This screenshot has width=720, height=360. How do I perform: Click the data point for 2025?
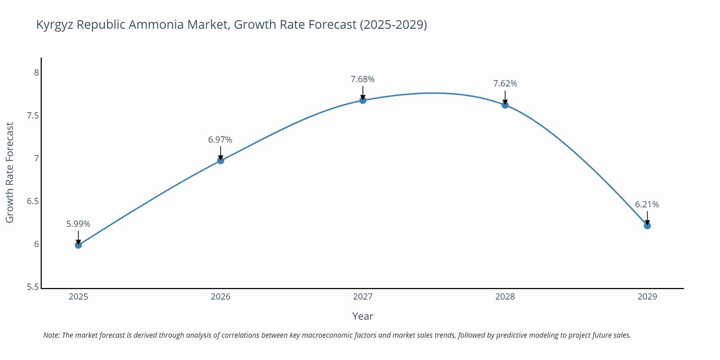pos(78,245)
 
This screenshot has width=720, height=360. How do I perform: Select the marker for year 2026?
pos(221,161)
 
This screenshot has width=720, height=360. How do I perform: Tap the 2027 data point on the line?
pos(363,100)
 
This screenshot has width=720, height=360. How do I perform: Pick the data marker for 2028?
pos(505,105)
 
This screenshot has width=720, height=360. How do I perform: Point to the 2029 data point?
pos(647,226)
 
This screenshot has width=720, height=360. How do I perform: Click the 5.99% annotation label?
pos(78,224)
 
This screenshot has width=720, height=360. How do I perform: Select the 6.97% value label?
pos(220,140)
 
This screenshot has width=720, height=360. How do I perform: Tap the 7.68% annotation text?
pos(363,79)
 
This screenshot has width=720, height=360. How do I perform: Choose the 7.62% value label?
pos(505,84)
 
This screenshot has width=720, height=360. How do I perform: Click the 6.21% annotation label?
pos(647,204)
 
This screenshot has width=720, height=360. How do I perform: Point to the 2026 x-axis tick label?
pos(221,297)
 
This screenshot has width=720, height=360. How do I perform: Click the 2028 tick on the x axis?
pos(505,297)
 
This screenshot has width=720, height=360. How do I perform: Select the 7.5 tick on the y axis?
pos(33,116)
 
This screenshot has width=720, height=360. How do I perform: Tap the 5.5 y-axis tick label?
pos(33,287)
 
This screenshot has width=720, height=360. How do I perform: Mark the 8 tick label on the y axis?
pos(36,73)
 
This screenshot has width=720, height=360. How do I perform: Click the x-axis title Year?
pos(363,316)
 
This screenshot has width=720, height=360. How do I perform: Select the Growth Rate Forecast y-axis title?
pos(10,172)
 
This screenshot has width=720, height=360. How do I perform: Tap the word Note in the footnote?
pos(51,335)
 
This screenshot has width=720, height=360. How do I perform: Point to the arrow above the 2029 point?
pos(647,217)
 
